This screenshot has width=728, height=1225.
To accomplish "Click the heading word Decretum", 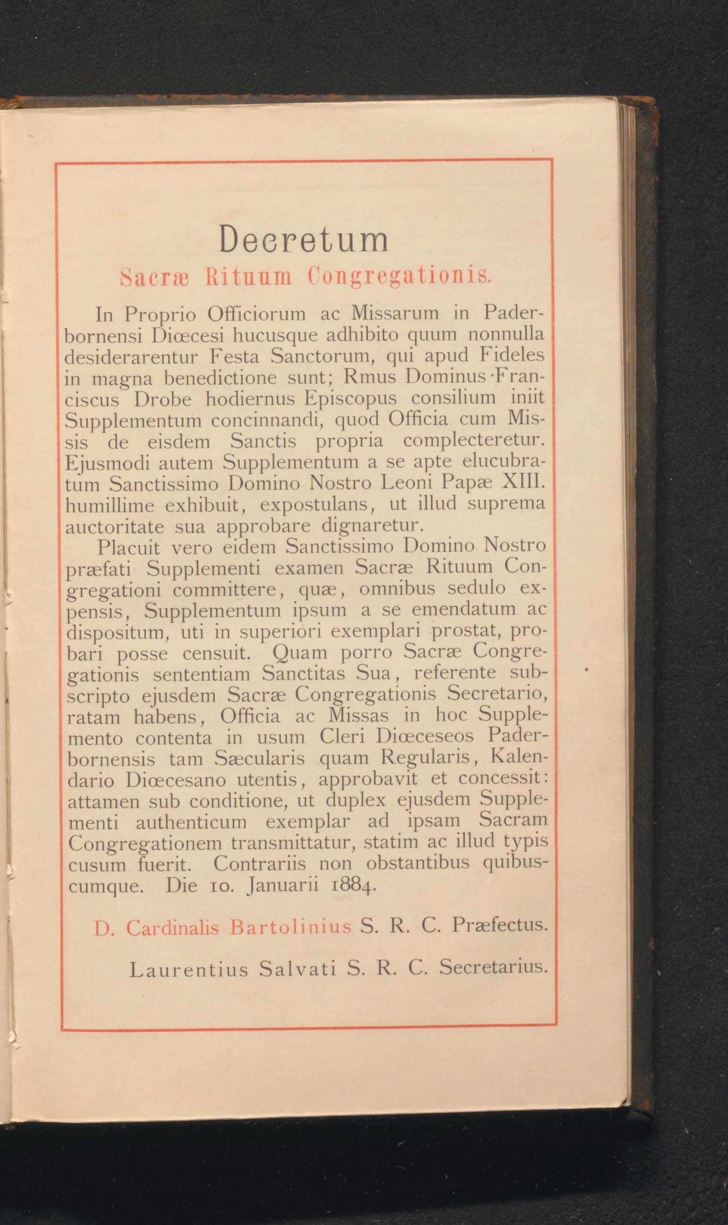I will pos(304,239).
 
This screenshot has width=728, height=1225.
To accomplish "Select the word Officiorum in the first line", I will pos(256,314).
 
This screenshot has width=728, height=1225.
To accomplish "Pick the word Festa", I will pos(235,356).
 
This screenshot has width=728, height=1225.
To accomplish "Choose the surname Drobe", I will pos(163,399).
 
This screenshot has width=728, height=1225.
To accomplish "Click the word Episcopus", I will pos(350,398).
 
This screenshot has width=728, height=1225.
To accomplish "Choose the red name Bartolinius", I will pos(290,927).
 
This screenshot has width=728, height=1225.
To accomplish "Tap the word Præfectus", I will pos(499,925).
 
